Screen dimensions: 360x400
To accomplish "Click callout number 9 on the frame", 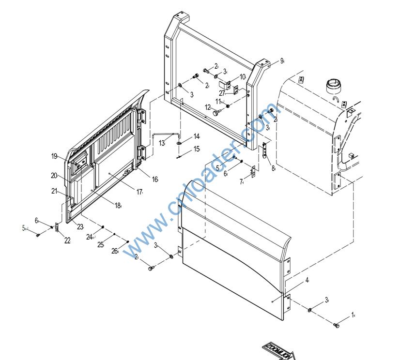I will point(281,61).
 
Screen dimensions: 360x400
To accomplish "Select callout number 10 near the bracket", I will point(242,77).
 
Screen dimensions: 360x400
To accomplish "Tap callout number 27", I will point(222,93).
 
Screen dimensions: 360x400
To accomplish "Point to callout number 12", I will point(208,107).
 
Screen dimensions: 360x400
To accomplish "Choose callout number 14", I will point(197,136).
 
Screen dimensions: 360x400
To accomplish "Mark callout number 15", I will point(197,150).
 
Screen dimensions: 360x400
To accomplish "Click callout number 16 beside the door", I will point(155,180).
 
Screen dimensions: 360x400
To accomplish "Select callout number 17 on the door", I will point(139,192).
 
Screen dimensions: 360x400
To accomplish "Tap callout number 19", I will point(55,156).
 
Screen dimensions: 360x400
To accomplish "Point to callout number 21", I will point(55,191).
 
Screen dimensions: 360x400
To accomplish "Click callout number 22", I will point(67,240).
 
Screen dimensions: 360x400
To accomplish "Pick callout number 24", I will point(90,237).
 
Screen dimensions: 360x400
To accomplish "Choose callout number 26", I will point(115,251).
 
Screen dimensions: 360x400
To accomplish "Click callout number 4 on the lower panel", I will point(307,280).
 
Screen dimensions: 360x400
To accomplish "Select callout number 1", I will point(353,315).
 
